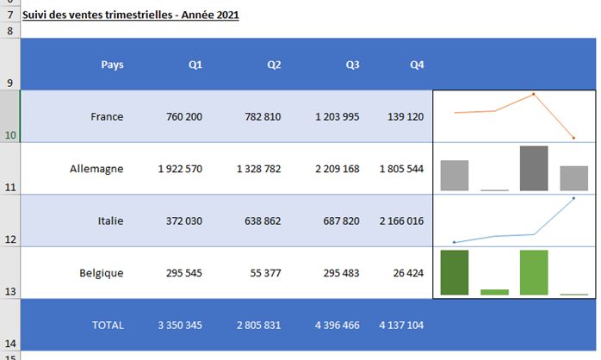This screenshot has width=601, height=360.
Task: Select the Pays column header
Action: tap(112, 65)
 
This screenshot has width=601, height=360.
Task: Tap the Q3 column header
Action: tap(352, 65)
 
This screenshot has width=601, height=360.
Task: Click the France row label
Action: tap(107, 116)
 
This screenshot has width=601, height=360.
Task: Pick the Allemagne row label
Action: tap(96, 169)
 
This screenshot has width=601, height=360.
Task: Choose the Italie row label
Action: tap(111, 221)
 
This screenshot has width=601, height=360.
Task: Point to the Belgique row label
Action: tap(100, 273)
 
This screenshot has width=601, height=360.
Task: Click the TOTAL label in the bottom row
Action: tap(108, 326)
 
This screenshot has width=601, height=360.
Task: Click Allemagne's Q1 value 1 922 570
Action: tap(180, 169)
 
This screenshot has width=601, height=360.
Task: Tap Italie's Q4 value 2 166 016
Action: tap(401, 221)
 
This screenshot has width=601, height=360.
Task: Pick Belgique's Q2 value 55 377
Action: tap(264, 273)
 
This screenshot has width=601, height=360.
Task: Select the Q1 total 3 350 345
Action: tap(180, 326)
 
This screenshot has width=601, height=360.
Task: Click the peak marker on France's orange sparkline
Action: tap(534, 94)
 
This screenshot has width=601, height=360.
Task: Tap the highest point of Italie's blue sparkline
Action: tap(573, 198)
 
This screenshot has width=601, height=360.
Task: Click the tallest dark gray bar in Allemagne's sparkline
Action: tap(534, 168)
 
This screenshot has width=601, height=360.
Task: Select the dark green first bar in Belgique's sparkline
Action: tap(455, 272)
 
